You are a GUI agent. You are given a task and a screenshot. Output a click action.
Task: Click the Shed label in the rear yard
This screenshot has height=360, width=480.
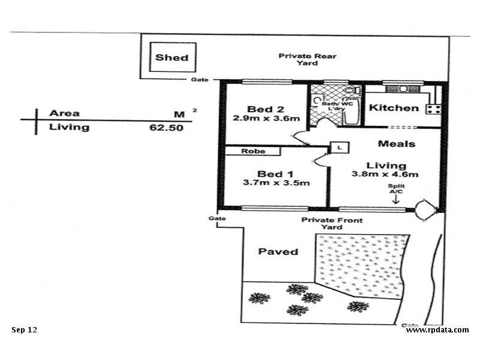(x=172, y=58)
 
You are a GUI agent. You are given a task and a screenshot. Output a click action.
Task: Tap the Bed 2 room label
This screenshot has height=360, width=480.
(x=265, y=109)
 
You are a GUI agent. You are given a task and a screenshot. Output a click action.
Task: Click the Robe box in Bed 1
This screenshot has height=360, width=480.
(x=253, y=151)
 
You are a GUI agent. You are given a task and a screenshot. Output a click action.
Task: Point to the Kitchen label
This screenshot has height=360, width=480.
(x=393, y=108)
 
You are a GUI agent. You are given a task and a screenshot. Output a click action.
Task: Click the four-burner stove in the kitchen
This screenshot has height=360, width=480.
(x=433, y=109)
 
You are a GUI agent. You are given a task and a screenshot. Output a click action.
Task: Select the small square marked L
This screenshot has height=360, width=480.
(x=340, y=146)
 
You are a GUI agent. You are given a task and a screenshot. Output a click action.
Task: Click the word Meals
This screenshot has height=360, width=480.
(x=396, y=144)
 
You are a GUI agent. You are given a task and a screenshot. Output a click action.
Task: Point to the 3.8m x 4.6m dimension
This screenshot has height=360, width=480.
(x=385, y=175)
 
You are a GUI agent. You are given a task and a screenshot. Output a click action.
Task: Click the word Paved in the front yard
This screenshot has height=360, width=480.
(x=278, y=251)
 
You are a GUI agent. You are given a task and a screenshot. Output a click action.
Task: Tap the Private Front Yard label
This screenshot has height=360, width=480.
(x=332, y=224)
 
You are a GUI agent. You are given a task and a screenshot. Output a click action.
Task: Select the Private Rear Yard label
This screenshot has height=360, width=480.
(x=307, y=59)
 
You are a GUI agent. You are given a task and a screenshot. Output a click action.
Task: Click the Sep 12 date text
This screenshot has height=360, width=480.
(x=24, y=329)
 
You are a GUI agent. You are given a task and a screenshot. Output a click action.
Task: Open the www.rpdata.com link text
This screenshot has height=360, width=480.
(x=437, y=329)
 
